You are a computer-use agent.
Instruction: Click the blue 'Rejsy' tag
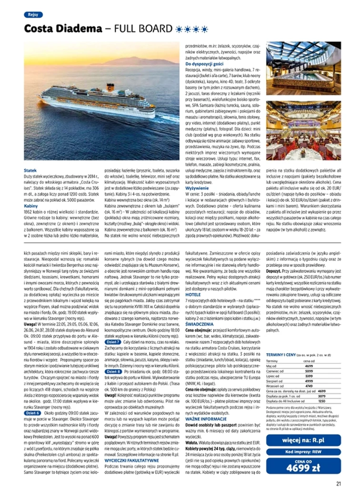pyautogui.click(x=32, y=15)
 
